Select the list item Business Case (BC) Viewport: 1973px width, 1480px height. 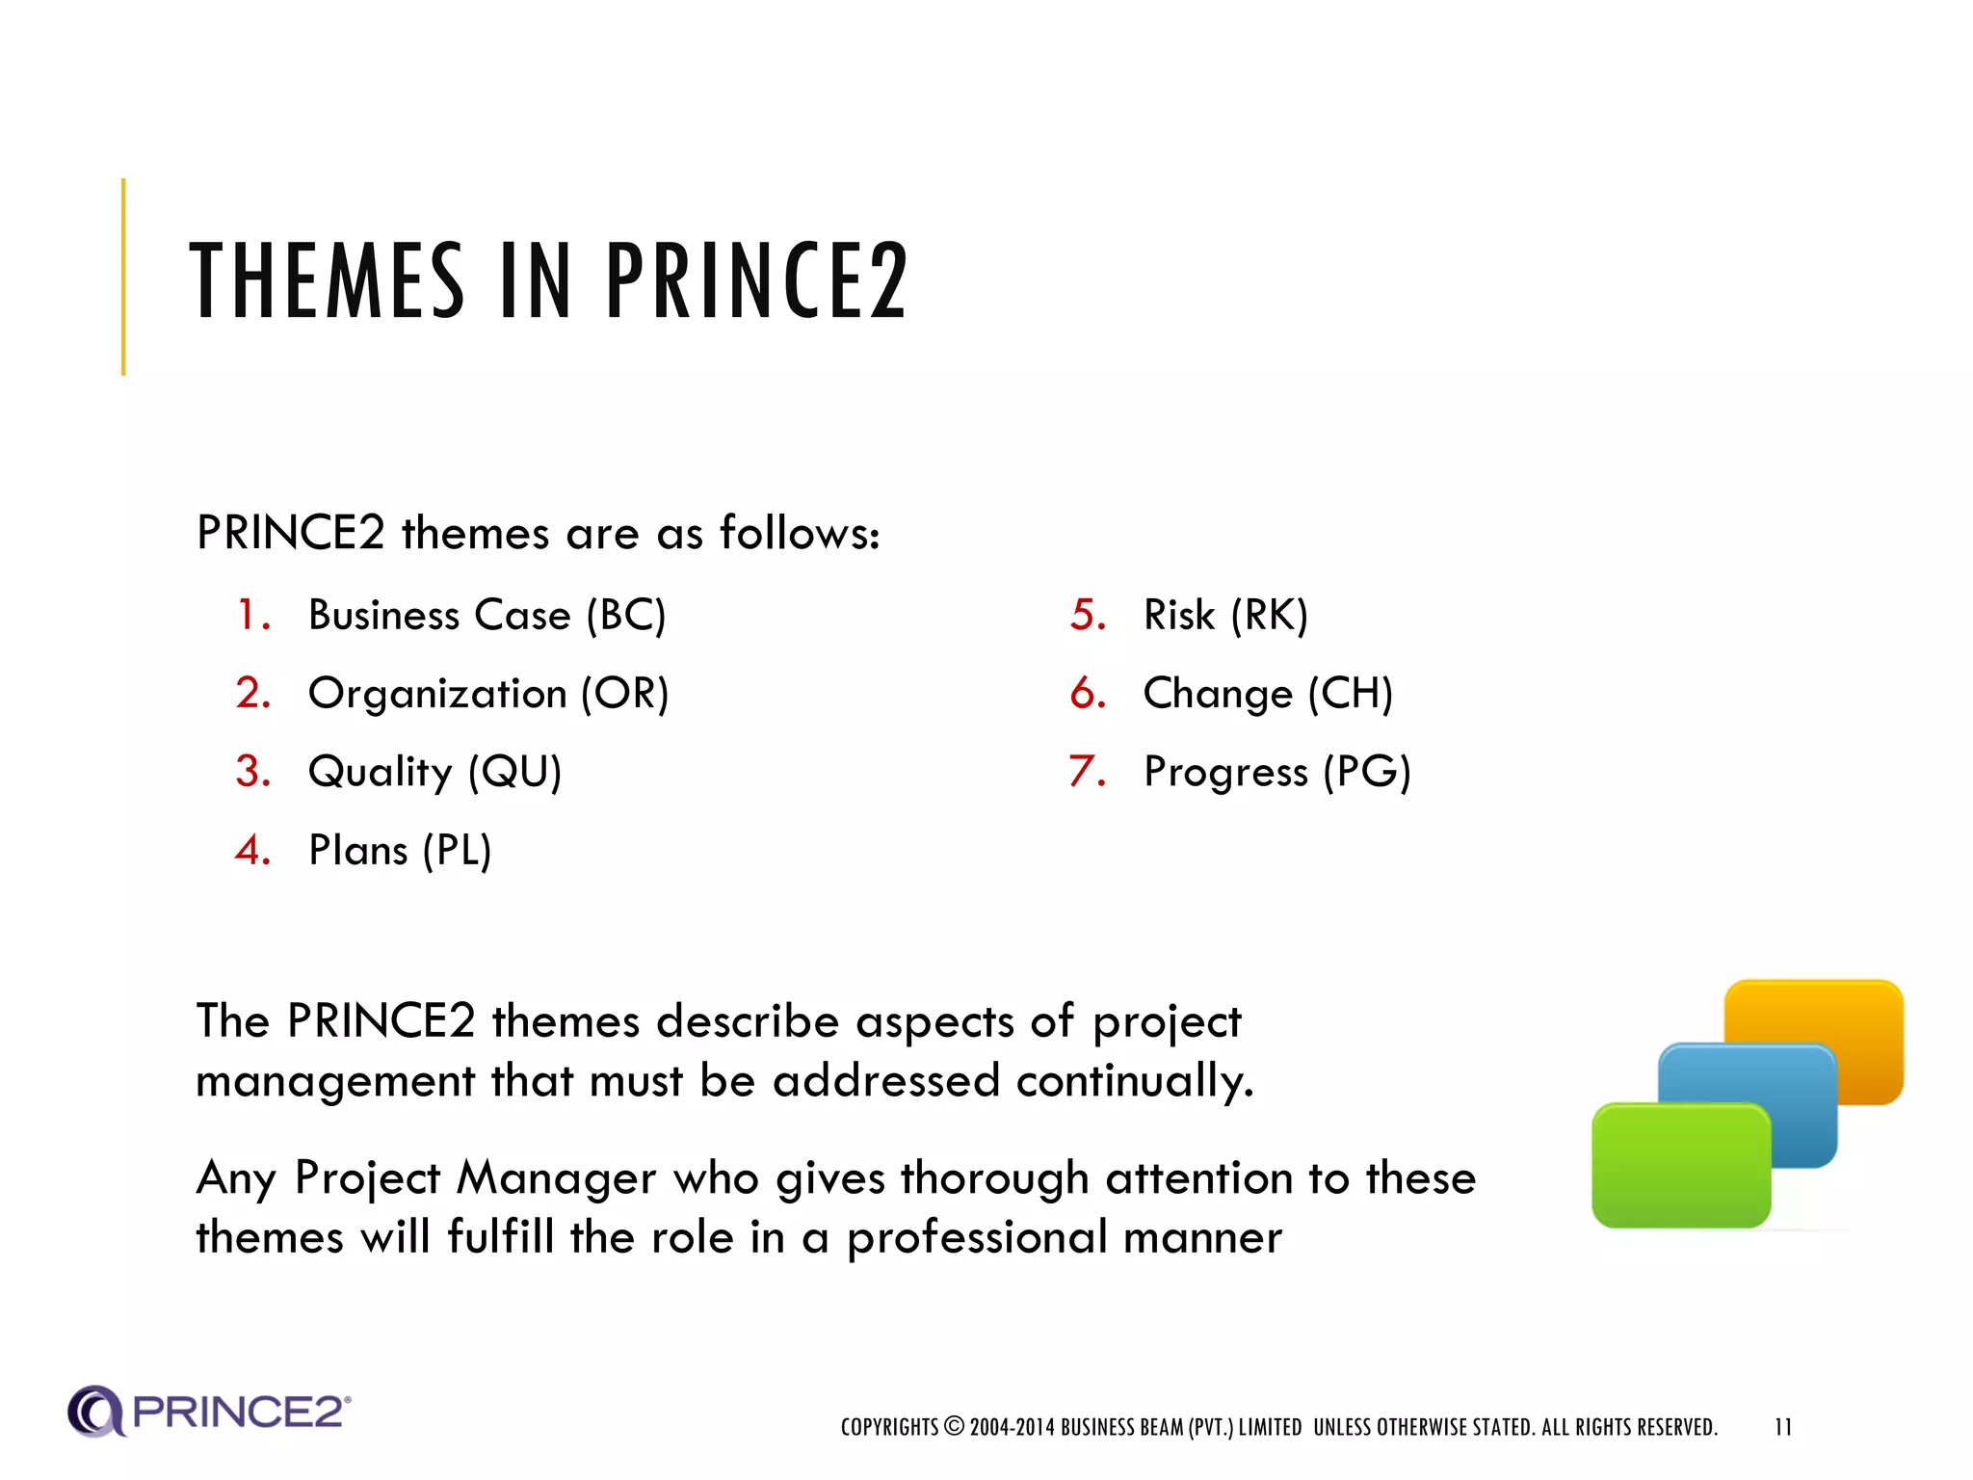click(x=487, y=616)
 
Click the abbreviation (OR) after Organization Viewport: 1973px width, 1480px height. click(x=624, y=694)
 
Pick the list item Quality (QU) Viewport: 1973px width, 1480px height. click(x=434, y=772)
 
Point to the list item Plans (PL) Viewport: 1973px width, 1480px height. click(x=400, y=851)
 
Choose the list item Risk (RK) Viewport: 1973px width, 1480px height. click(x=1225, y=616)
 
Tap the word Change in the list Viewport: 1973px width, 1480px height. click(x=1218, y=694)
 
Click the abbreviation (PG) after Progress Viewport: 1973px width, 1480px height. click(x=1366, y=772)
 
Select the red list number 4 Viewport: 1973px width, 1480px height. click(x=251, y=851)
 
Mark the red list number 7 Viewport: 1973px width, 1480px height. click(x=1086, y=772)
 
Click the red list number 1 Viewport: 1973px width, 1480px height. click(x=251, y=616)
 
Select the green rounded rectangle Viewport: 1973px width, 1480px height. click(x=1681, y=1166)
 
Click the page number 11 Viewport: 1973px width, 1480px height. click(x=1782, y=1427)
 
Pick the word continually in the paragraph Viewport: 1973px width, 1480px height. click(x=1134, y=1081)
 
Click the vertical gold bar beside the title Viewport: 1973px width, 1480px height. click(x=123, y=277)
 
